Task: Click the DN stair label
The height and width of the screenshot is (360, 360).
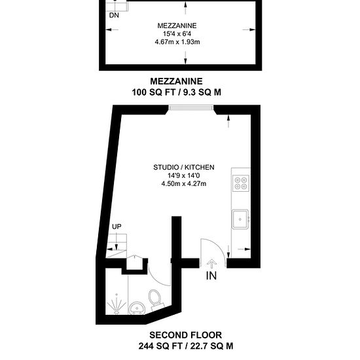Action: [114, 16]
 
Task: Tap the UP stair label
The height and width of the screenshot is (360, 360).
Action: [117, 226]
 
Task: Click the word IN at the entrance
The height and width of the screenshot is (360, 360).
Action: [211, 276]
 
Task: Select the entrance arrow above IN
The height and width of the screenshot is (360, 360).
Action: [211, 264]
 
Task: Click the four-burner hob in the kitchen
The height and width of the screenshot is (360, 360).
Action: [241, 183]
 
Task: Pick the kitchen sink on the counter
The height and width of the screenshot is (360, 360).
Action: [240, 219]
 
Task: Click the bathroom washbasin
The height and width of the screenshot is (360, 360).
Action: [137, 308]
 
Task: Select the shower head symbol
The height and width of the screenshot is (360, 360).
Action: [117, 304]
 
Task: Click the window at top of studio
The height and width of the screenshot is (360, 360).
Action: [191, 107]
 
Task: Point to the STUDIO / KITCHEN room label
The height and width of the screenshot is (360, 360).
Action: [184, 167]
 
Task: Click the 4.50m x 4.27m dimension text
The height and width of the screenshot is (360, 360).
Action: [184, 184]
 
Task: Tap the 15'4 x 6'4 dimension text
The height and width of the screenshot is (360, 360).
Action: [177, 34]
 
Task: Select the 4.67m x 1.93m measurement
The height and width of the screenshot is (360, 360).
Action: [177, 42]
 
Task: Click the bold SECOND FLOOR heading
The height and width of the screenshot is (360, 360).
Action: [185, 335]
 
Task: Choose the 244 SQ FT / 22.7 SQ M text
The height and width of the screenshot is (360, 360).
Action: [185, 346]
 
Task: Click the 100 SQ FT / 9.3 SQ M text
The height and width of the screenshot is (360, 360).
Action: [176, 92]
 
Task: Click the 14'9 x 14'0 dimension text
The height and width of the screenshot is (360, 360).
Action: [184, 175]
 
